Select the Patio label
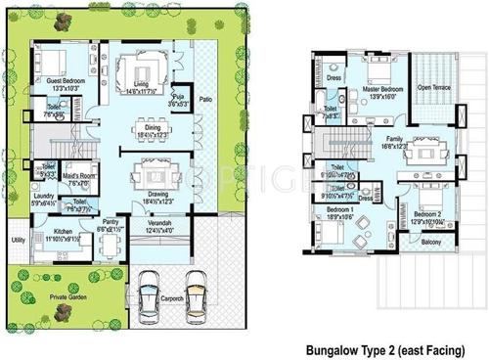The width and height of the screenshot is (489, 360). (x=205, y=100)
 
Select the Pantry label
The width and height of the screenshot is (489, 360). (x=110, y=223)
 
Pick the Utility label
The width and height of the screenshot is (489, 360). (x=18, y=239)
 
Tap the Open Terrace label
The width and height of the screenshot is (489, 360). (x=434, y=87)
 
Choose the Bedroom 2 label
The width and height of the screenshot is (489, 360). (x=426, y=213)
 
